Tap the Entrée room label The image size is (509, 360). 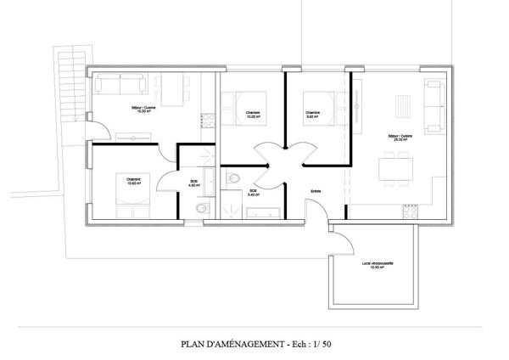(316, 190)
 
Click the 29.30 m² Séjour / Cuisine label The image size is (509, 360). (399, 138)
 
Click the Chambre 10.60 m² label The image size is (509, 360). (133, 181)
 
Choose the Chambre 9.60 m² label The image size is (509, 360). (312, 114)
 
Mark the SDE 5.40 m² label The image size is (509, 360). (252, 193)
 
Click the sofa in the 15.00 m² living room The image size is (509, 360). (120, 84)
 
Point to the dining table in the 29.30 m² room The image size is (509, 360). (395, 166)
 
